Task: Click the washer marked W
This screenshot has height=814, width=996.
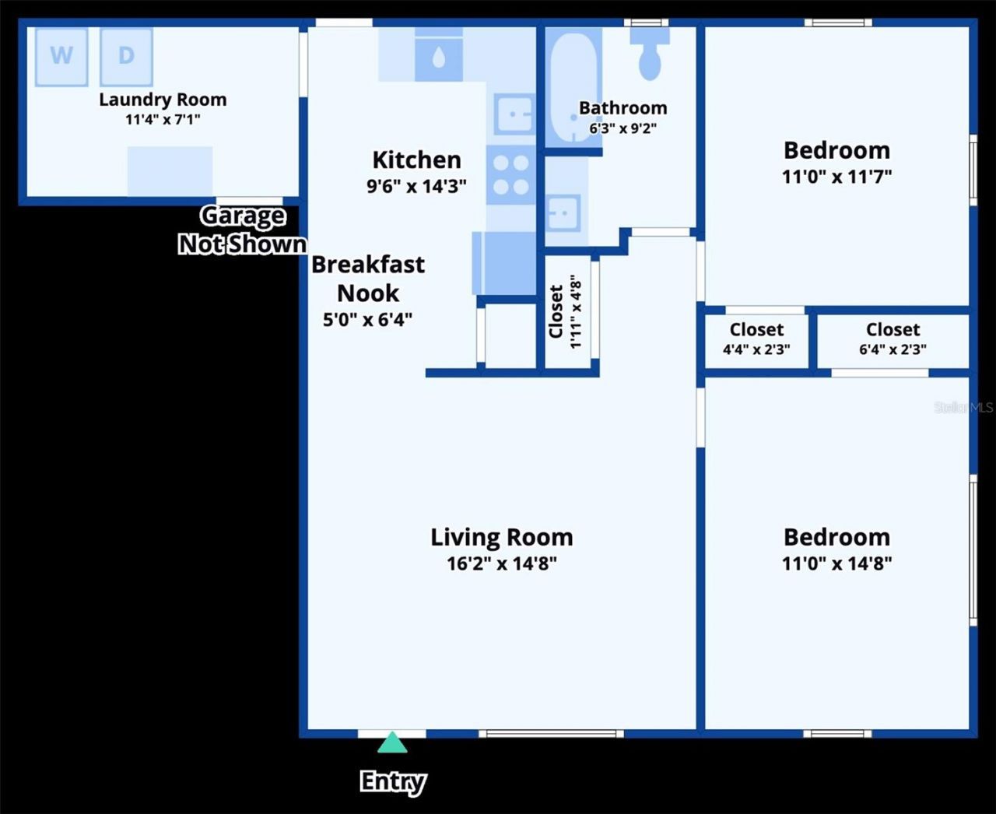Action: [x=61, y=56]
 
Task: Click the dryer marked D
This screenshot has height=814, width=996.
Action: [x=126, y=56]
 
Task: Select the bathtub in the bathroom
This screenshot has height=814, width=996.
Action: [x=573, y=86]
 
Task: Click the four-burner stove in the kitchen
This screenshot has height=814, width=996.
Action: [x=511, y=175]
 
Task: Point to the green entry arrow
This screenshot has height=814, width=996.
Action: [x=392, y=743]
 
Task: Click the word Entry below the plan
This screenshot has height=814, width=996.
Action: [x=392, y=781]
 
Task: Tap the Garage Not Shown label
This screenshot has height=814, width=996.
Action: [x=242, y=230]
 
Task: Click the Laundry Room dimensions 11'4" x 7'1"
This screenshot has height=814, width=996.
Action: [x=163, y=120]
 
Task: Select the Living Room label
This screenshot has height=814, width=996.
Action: [x=502, y=537]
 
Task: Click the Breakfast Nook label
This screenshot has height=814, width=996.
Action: [x=368, y=279]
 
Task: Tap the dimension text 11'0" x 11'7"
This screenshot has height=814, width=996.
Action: [x=836, y=177]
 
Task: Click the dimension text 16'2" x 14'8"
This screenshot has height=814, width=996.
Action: [x=502, y=563]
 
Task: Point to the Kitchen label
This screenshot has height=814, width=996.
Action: [x=416, y=160]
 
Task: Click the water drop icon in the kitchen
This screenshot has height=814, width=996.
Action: [x=439, y=58]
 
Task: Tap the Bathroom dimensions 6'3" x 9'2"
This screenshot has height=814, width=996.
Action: [x=622, y=128]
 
